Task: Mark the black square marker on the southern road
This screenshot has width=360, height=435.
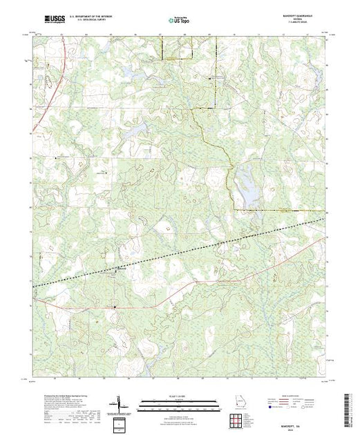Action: click(115, 305)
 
